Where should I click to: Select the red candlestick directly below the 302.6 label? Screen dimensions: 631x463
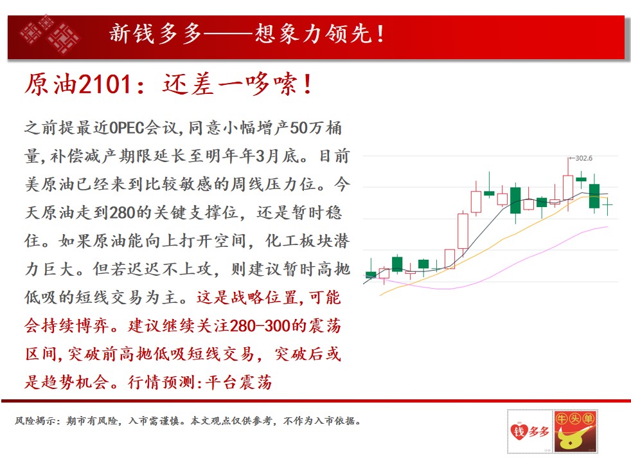568,187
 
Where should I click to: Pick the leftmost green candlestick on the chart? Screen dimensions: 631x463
371,274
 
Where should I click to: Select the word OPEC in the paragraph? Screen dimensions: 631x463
127,127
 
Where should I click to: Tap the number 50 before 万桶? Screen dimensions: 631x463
299,127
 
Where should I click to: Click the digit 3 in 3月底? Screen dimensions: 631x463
260,156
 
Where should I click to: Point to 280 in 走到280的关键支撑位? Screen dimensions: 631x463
121,212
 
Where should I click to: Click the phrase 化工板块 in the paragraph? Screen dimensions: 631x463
299,241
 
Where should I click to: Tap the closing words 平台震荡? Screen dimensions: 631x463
238,382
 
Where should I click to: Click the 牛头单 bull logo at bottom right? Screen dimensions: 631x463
575,431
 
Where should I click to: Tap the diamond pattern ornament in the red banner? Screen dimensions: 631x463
49,35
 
